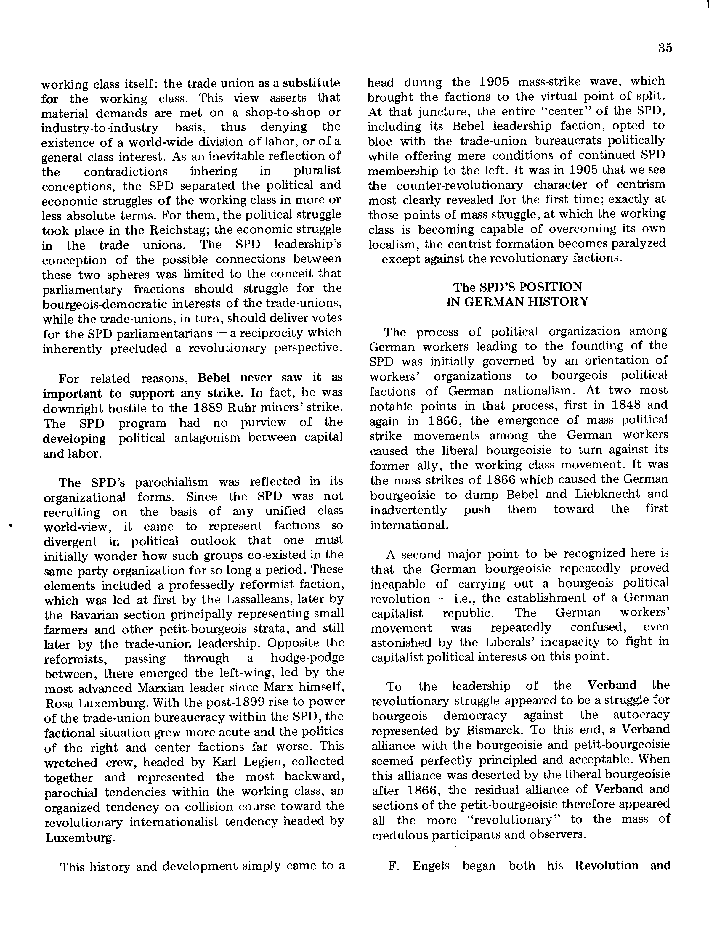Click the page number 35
tap(665, 48)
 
